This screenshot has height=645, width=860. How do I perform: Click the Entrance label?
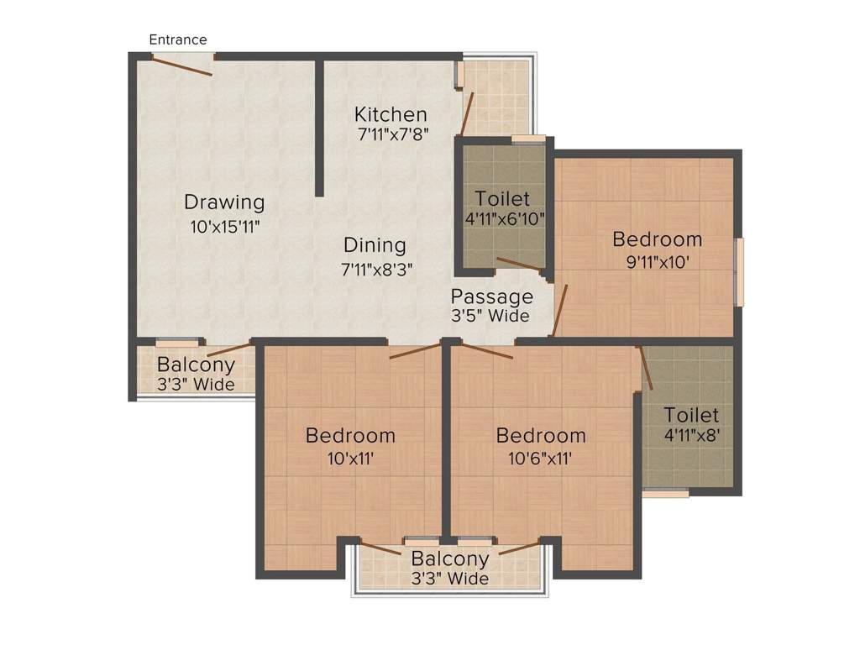(x=178, y=39)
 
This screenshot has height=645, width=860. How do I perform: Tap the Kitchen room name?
(x=391, y=114)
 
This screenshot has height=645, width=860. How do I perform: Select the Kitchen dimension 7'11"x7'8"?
(x=393, y=134)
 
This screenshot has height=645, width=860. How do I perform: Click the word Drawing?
(x=224, y=202)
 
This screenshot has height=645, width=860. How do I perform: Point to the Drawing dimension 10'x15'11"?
(x=225, y=226)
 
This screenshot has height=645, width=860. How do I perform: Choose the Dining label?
(x=375, y=245)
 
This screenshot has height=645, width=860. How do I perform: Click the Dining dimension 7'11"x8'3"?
(x=377, y=270)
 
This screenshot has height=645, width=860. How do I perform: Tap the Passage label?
(x=492, y=296)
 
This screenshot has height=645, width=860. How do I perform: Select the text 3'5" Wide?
(x=490, y=316)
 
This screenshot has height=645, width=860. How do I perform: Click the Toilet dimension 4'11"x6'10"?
(x=505, y=219)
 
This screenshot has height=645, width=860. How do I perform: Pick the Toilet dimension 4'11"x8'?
(x=692, y=436)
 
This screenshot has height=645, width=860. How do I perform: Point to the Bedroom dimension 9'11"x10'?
(x=658, y=262)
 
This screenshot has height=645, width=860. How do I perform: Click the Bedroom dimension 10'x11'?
(x=350, y=458)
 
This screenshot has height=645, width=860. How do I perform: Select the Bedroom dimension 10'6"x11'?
(x=540, y=458)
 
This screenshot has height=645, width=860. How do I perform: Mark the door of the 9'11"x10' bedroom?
(x=559, y=310)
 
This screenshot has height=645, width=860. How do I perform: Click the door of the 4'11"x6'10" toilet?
(x=518, y=264)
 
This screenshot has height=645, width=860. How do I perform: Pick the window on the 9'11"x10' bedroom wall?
(x=739, y=271)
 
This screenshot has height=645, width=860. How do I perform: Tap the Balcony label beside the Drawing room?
(x=196, y=364)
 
